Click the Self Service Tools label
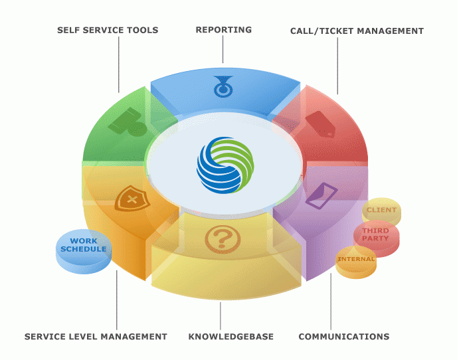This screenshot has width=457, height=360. pos(108,31)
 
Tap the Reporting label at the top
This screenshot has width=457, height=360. pos(224,30)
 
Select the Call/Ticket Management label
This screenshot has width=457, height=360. pos(357,31)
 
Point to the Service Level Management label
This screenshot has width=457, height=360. pos(96,337)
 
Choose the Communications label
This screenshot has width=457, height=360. pos(343,337)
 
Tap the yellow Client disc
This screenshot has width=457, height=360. pos(381,211)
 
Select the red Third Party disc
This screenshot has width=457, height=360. pos(376,234)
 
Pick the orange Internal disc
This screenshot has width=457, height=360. pos(356,258)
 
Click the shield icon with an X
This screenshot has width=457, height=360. pos(132,199)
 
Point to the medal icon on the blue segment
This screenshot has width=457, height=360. pos(223,86)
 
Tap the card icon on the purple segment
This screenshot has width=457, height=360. pos(321,193)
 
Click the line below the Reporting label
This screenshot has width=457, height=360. pos(223,50)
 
